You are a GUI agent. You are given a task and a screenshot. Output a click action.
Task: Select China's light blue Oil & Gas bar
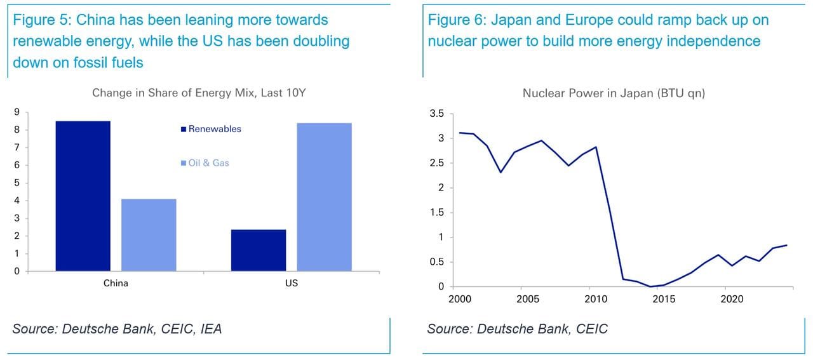click(149, 235)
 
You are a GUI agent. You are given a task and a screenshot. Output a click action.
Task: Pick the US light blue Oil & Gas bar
click(324, 197)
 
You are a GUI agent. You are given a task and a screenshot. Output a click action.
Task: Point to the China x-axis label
click(116, 283)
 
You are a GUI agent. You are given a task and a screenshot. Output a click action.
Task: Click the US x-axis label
click(291, 283)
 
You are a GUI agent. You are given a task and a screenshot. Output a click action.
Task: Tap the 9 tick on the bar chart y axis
click(17, 112)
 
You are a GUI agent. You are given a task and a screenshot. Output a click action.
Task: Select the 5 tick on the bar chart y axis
click(17, 183)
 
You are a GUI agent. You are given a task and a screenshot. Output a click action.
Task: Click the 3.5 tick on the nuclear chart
click(436, 114)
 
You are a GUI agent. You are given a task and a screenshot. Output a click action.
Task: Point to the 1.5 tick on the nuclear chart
click(436, 213)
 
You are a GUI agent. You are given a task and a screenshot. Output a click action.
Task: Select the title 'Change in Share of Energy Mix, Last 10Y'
click(199, 93)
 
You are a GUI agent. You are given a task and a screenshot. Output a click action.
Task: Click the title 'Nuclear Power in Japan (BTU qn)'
click(614, 93)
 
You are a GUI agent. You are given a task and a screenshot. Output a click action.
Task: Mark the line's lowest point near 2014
click(650, 286)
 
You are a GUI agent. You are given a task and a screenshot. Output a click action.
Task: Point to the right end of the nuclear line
click(786, 245)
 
